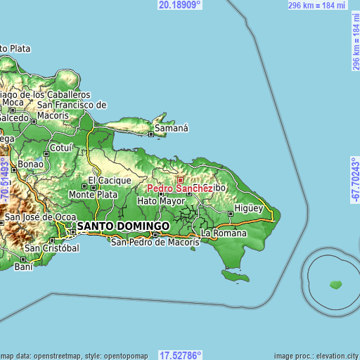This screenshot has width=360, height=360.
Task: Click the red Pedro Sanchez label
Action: tap(179, 189)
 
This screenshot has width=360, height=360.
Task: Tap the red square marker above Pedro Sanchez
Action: tap(179, 180)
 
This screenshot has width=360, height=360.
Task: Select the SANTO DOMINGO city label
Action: tap(123, 226)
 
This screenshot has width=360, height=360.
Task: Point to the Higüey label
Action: tap(248, 208)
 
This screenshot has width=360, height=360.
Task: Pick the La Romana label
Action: tap(224, 233)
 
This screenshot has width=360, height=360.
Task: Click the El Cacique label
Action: tap(109, 181)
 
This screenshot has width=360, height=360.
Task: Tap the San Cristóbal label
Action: tap(51, 249)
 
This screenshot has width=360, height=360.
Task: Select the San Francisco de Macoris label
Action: tap(72, 110)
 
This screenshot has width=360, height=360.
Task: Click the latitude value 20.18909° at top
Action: tap(179, 4)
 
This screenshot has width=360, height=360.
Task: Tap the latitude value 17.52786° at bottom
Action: tap(179, 355)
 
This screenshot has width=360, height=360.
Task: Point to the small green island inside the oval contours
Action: tap(336, 285)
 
